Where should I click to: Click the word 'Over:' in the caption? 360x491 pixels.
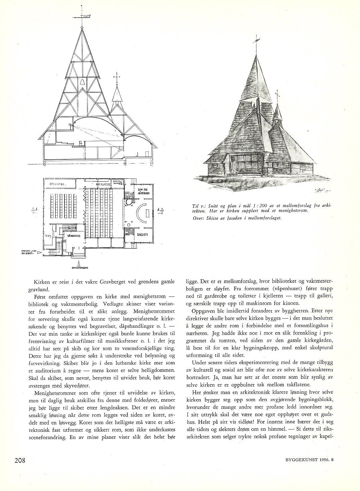(199, 218)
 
